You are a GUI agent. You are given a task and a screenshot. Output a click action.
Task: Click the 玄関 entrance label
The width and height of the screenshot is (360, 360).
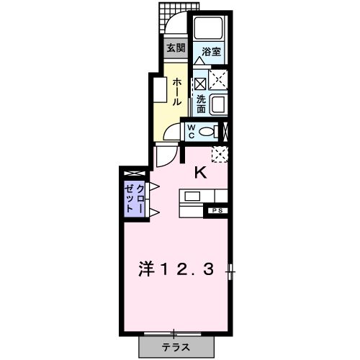176,49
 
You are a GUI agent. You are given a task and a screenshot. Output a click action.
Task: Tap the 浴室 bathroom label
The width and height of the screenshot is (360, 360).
211,52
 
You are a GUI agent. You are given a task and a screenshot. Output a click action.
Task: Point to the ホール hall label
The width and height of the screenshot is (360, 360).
176,92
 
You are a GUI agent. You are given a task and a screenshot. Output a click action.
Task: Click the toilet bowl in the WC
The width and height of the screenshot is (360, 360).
210,131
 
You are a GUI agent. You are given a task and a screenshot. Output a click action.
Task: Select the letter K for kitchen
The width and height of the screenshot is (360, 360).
201,172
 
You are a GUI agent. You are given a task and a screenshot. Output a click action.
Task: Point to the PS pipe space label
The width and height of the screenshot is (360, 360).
216,211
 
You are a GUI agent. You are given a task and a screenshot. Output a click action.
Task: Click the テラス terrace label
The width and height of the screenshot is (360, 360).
175,346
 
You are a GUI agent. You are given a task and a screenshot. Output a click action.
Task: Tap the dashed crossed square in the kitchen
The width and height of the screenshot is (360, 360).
220,153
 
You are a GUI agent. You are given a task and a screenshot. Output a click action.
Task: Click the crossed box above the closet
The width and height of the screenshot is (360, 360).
135,174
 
